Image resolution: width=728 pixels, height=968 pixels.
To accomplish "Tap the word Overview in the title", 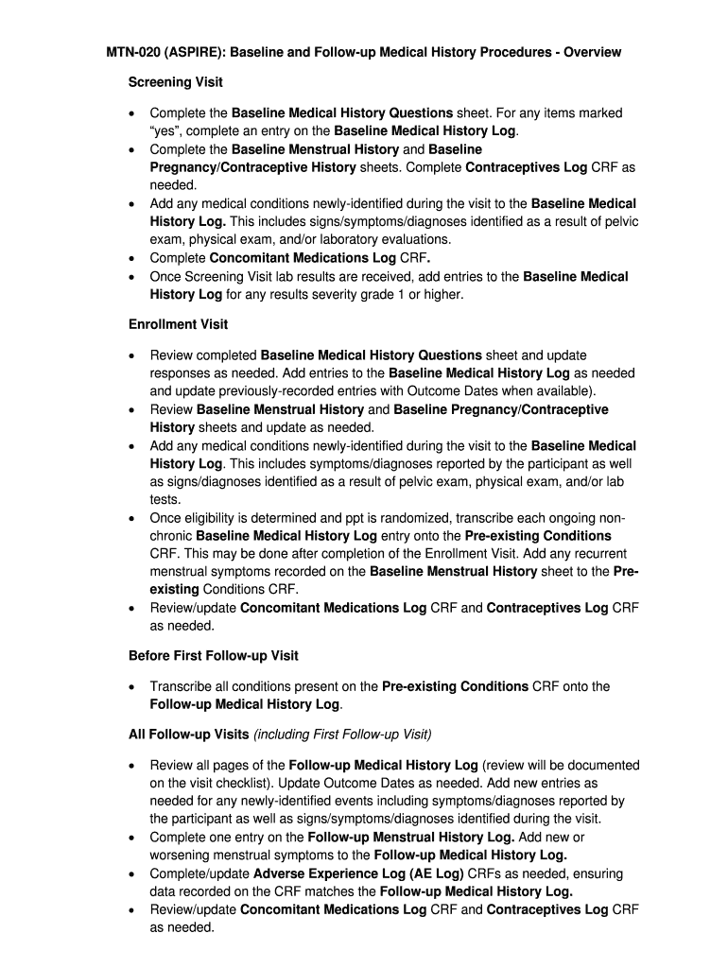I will coord(593,52).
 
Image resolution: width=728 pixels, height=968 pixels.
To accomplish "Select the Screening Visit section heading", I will coord(175,83).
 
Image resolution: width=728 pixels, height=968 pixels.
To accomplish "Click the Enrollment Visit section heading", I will coord(178,324).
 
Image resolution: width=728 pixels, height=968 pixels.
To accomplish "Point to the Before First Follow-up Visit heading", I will coord(213,656).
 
